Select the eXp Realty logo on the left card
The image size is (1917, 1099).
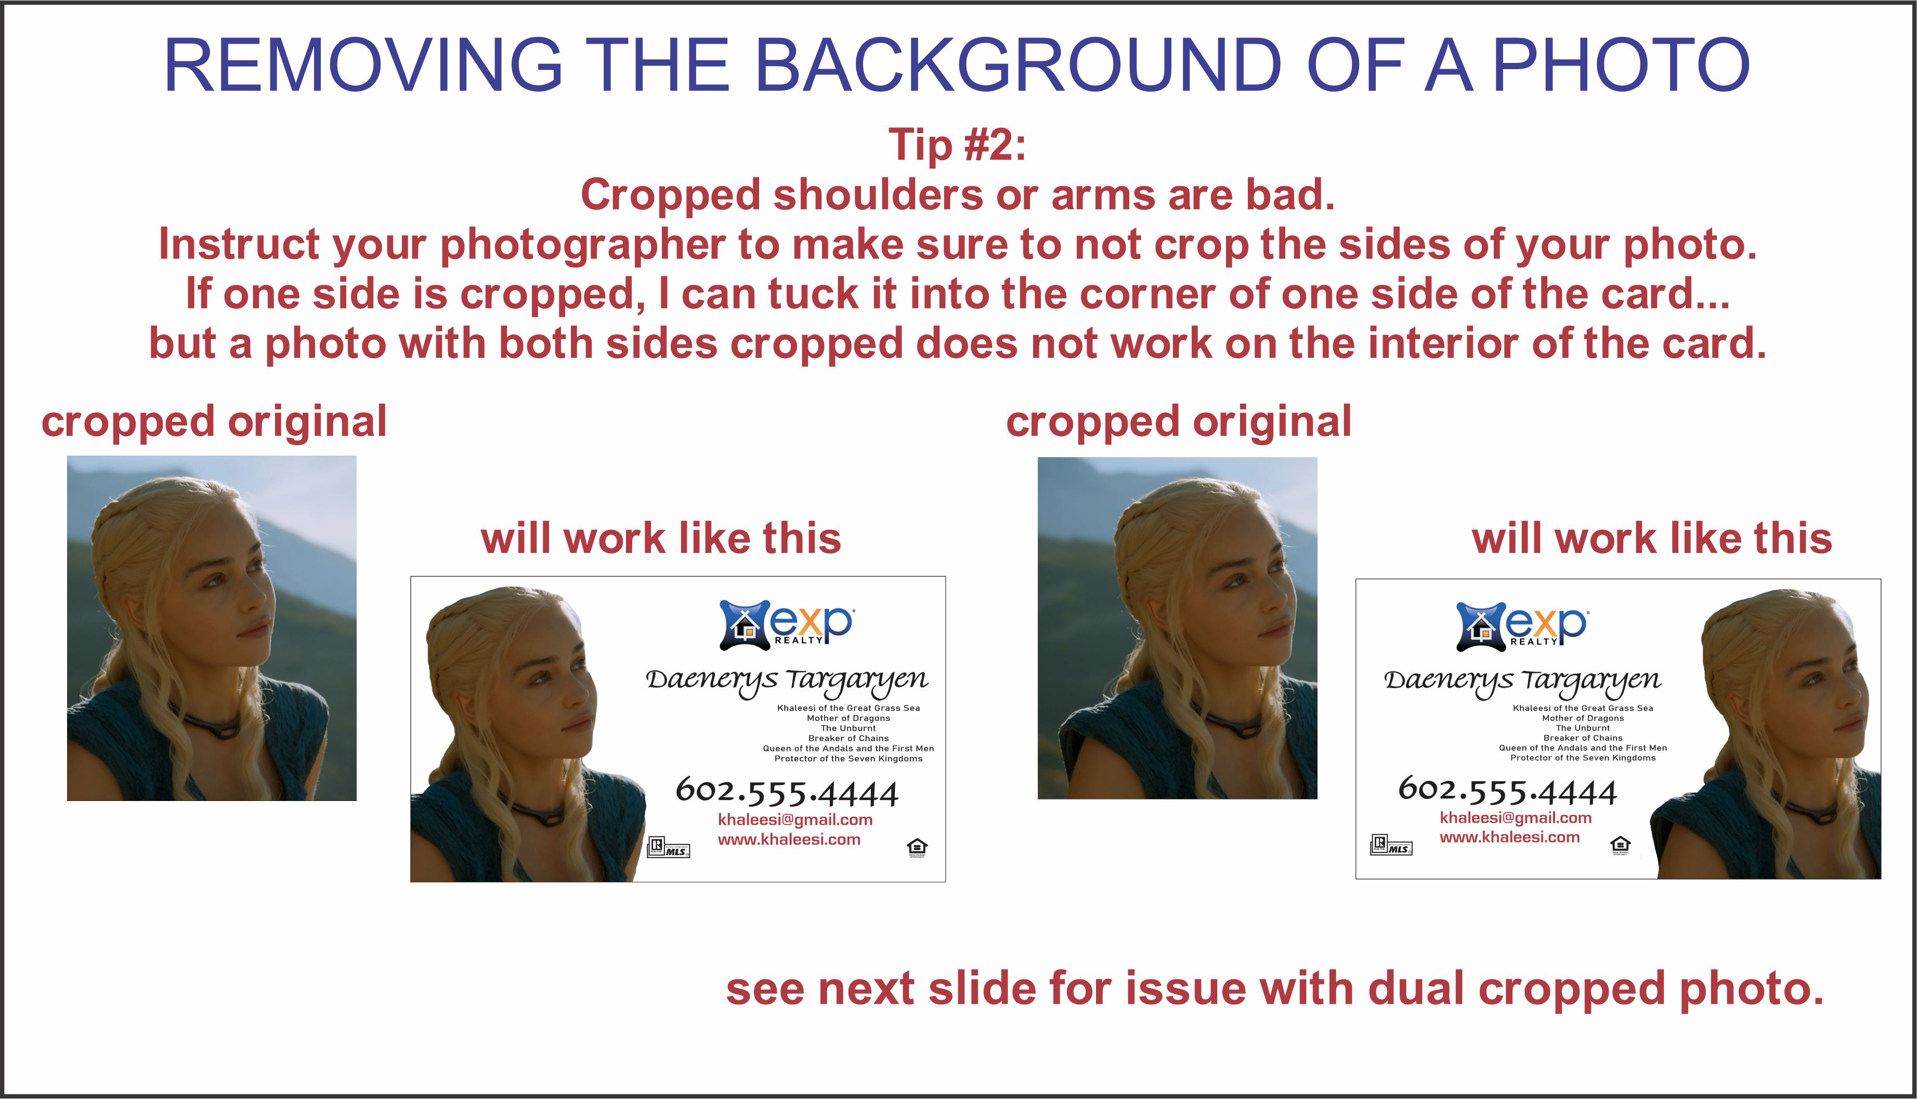(x=786, y=624)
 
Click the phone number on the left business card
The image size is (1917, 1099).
(x=786, y=791)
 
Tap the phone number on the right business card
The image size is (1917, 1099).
(x=1507, y=790)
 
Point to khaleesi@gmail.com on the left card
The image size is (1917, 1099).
(x=795, y=820)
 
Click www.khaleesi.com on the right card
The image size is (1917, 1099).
(x=1509, y=837)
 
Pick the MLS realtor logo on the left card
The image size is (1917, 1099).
(x=669, y=847)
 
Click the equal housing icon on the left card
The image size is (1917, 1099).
(x=917, y=848)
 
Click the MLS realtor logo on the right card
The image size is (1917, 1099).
(x=1391, y=845)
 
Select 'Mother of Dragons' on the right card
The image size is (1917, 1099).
(x=1583, y=718)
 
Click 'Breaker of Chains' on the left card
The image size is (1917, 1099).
(x=848, y=738)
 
